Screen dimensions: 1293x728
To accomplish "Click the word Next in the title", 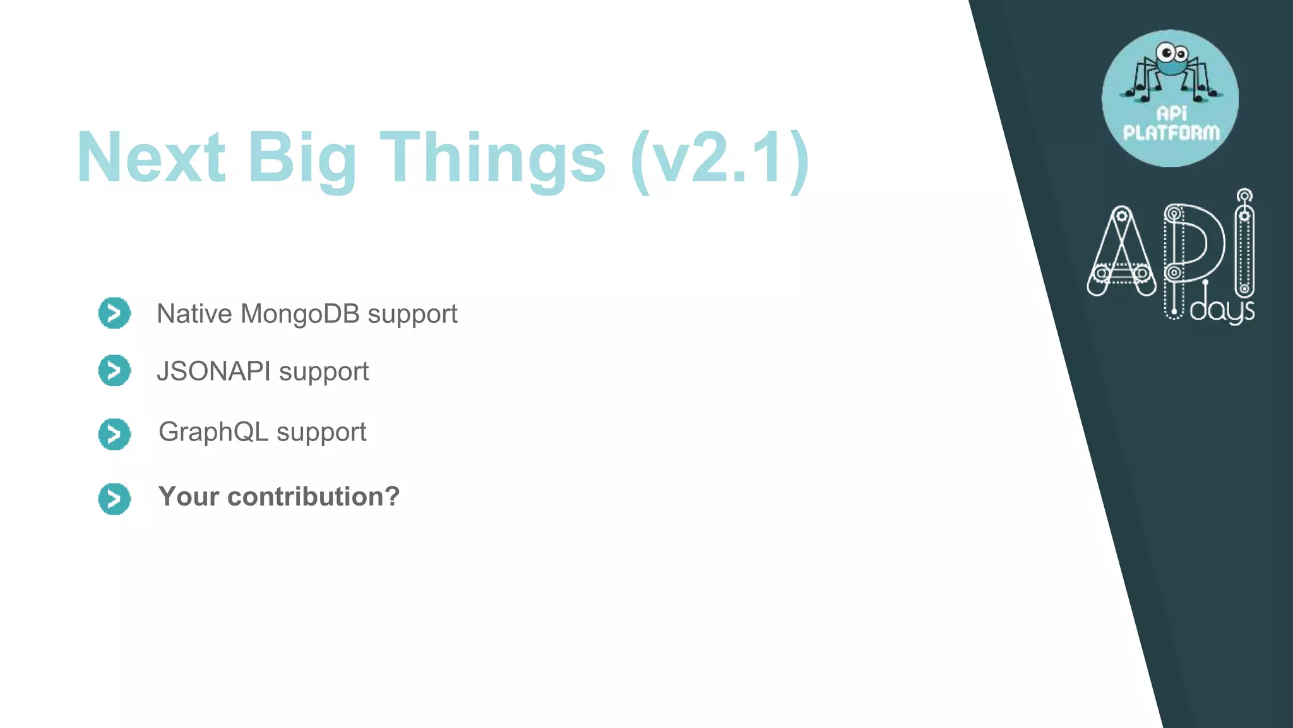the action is pos(150,157).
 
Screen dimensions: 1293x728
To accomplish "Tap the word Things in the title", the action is pos(492,157).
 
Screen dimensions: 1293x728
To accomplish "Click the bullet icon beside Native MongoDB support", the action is pos(114,313).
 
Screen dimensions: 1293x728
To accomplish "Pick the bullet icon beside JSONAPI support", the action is pos(114,370).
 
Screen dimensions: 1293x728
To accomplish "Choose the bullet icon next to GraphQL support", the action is pos(114,434).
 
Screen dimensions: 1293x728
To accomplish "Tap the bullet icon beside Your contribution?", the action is pos(114,499).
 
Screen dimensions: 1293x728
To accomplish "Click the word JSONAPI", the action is pos(213,371).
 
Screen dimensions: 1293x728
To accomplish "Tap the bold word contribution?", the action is pos(313,497).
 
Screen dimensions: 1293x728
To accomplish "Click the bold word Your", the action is pos(188,497).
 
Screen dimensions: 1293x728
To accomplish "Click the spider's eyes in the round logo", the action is pos(1172,53).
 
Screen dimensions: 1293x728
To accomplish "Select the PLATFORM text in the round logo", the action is pos(1171,133).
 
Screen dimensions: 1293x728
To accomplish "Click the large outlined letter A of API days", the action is pos(1121,253).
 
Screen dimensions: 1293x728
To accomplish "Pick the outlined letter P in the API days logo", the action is pos(1193,246).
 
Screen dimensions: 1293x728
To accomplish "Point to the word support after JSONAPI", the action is pos(324,372).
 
